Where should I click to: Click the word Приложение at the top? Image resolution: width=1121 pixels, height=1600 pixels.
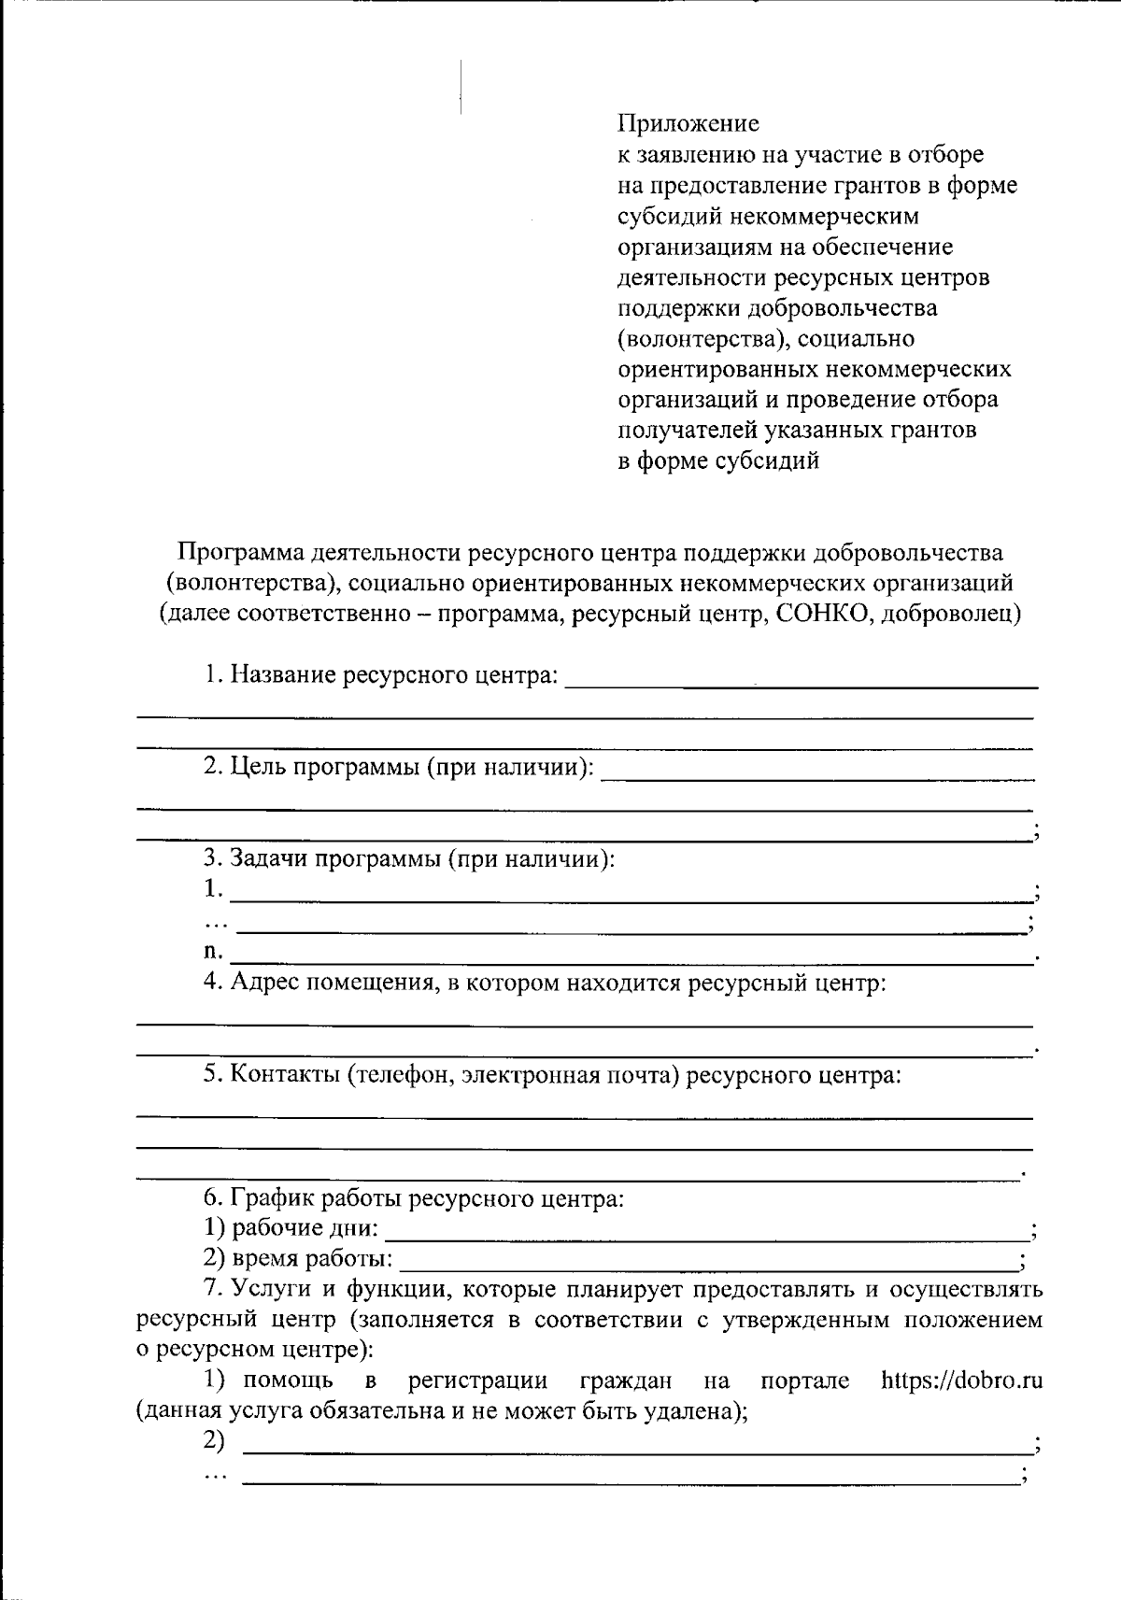(x=688, y=123)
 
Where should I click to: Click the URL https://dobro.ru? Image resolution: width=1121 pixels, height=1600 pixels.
(x=961, y=1381)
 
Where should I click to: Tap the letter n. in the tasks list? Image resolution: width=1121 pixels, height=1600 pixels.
(x=214, y=952)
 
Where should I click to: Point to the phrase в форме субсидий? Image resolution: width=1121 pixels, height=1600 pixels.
(x=718, y=460)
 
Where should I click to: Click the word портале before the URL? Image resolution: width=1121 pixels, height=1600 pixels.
(x=804, y=1381)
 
